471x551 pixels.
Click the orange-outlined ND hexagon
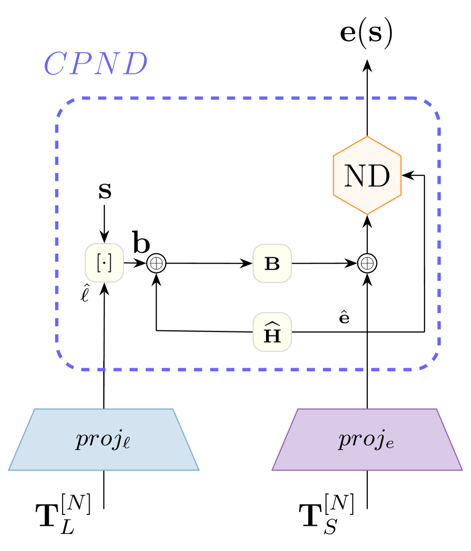[367, 175]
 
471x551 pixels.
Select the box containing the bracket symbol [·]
[104, 263]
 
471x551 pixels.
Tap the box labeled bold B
[272, 263]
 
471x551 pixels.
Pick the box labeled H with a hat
[272, 332]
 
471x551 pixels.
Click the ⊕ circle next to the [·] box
[156, 263]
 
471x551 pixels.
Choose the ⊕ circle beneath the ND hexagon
[367, 263]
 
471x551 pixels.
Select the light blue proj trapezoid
[104, 440]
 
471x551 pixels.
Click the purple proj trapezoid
[367, 440]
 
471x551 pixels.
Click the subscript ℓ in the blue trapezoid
[126, 444]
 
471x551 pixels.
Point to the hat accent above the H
[272, 324]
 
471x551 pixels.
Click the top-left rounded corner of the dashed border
[64, 107]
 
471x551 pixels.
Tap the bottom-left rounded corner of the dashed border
[64, 361]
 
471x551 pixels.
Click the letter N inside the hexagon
[355, 176]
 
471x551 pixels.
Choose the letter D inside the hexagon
[380, 176]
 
